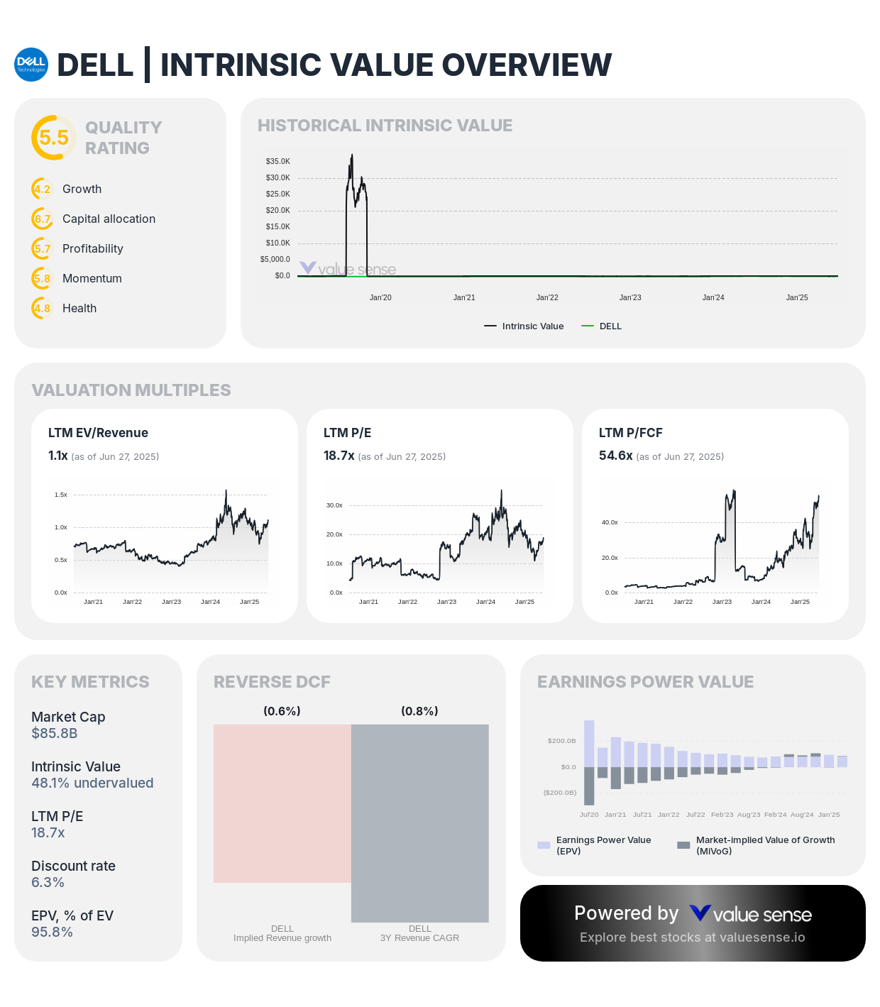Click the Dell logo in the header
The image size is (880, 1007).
pyautogui.click(x=31, y=65)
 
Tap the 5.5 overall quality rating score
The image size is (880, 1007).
pyautogui.click(x=54, y=138)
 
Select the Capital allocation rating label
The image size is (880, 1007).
pyautogui.click(x=109, y=219)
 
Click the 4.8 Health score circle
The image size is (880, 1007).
pyautogui.click(x=43, y=309)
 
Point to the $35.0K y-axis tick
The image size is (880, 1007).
pyautogui.click(x=277, y=162)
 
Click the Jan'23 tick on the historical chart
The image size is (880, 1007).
pyautogui.click(x=630, y=298)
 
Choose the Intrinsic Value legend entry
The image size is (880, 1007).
pyautogui.click(x=524, y=326)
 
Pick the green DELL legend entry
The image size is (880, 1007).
pyautogui.click(x=602, y=326)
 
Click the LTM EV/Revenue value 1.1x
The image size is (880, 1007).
pyautogui.click(x=57, y=456)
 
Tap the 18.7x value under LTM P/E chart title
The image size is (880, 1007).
pyautogui.click(x=339, y=456)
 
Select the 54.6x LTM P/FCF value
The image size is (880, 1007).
pyautogui.click(x=615, y=456)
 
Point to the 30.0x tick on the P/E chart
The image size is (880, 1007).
pyautogui.click(x=334, y=506)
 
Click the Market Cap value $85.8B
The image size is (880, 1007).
pyautogui.click(x=55, y=734)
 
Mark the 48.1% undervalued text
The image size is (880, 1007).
pyautogui.click(x=92, y=783)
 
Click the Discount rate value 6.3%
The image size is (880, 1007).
pyautogui.click(x=48, y=883)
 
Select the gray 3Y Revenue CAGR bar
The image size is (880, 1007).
pyautogui.click(x=420, y=823)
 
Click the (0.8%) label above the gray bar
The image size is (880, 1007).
pyautogui.click(x=419, y=711)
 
